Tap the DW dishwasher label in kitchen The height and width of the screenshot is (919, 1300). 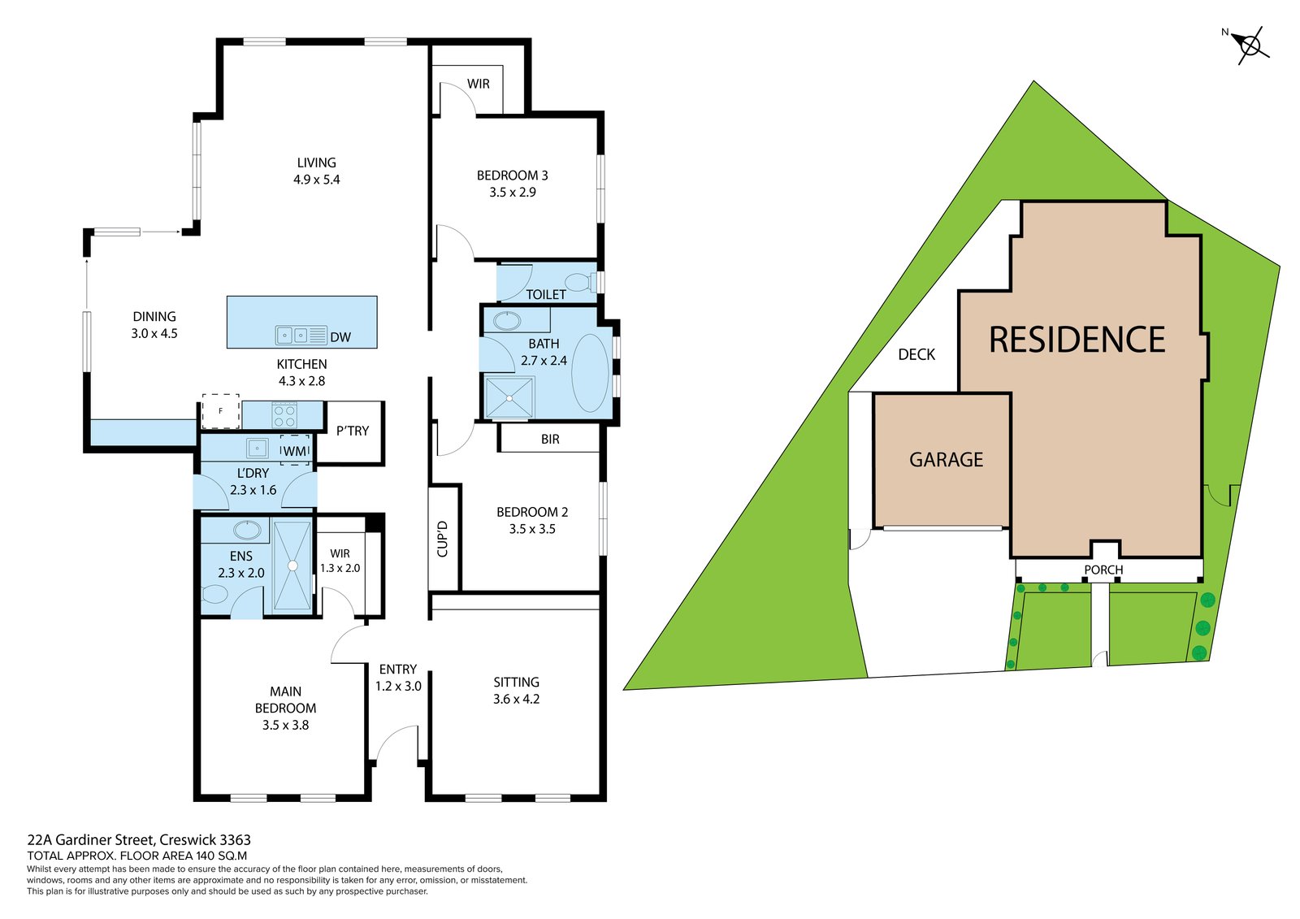pyautogui.click(x=340, y=337)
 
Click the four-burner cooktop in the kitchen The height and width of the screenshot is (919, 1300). pyautogui.click(x=284, y=416)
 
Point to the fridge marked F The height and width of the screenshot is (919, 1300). pyautogui.click(x=220, y=411)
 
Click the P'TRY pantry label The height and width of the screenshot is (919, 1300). pyautogui.click(x=353, y=431)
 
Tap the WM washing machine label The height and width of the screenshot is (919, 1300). pyautogui.click(x=295, y=450)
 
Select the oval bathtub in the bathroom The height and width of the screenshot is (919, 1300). pyautogui.click(x=591, y=372)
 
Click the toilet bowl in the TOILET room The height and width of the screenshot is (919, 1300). pyautogui.click(x=578, y=282)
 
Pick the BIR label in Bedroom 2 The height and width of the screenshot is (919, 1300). pyautogui.click(x=550, y=440)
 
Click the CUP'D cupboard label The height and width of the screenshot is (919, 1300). pyautogui.click(x=443, y=538)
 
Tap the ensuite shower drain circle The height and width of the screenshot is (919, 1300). pyautogui.click(x=292, y=566)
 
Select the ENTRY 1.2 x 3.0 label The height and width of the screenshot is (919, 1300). pyautogui.click(x=398, y=678)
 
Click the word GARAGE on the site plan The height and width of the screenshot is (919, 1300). pyautogui.click(x=946, y=460)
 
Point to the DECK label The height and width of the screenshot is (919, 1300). pyautogui.click(x=916, y=355)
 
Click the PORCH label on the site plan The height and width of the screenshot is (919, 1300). pyautogui.click(x=1103, y=570)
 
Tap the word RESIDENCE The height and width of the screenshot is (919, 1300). pyautogui.click(x=1077, y=340)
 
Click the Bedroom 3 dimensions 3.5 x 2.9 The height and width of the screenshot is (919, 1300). pyautogui.click(x=512, y=193)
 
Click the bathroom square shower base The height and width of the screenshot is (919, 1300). pyautogui.click(x=509, y=397)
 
